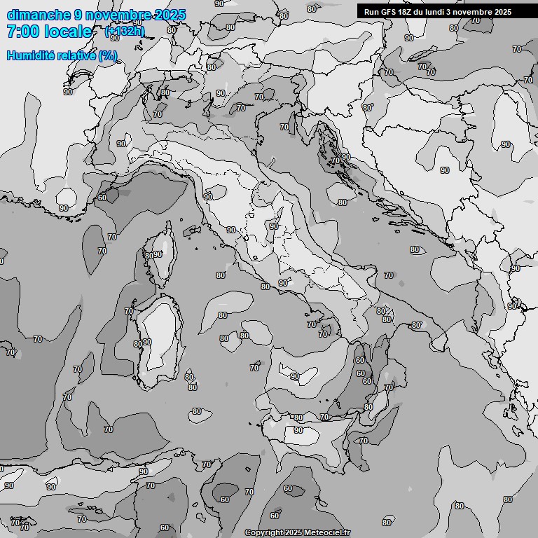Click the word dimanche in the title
point(38,15)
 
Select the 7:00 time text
point(21,32)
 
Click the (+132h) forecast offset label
point(125,32)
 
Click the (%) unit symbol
point(108,55)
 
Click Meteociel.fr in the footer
point(326,532)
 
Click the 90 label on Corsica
point(158,254)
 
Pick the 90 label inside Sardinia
point(146,342)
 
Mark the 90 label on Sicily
point(298,430)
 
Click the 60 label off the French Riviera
point(102,198)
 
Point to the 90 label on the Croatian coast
point(345,157)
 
